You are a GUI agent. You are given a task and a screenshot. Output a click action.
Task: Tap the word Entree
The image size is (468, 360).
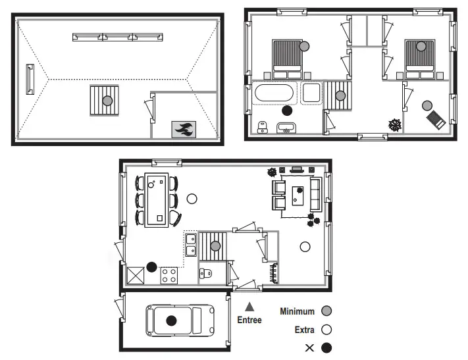point(249,321)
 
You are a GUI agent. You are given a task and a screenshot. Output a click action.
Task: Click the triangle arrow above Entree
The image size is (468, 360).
point(249,307)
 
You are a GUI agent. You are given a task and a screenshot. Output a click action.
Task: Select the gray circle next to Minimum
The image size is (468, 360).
point(326,311)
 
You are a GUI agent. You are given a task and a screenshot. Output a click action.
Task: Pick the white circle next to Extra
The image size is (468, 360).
point(326,330)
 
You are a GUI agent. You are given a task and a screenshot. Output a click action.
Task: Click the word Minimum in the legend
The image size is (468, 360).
point(297,311)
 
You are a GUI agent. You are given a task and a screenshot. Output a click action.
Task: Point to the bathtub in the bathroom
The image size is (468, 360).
point(275,92)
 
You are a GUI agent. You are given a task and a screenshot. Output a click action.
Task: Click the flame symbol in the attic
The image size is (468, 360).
point(183,128)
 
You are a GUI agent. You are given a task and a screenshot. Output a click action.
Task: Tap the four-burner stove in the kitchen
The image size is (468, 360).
point(169,276)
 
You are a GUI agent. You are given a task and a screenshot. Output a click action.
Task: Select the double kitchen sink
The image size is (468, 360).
point(191,244)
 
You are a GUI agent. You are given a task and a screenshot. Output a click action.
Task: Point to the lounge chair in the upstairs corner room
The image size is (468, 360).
point(436,119)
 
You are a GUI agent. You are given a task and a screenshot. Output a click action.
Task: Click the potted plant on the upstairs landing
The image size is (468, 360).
point(395,124)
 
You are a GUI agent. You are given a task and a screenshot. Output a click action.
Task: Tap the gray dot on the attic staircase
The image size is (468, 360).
point(107,100)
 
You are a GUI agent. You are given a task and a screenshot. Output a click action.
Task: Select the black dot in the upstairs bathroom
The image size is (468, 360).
point(286,111)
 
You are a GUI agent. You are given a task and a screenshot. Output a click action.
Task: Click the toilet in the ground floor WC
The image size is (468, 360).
point(205,274)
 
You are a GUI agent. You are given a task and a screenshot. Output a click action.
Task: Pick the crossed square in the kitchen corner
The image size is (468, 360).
point(136,275)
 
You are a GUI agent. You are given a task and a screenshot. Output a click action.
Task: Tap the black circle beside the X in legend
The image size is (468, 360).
point(326,347)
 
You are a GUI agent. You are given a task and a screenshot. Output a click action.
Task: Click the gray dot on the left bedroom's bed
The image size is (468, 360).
point(303,46)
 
